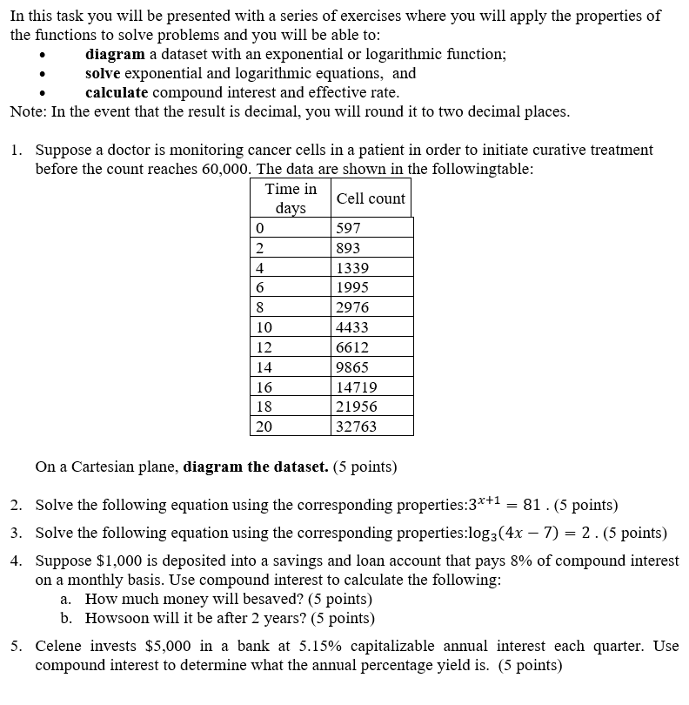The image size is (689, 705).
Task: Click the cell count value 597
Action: coord(348,228)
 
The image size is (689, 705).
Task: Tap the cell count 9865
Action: coord(352,367)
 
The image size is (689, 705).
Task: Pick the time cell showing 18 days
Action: coord(264,406)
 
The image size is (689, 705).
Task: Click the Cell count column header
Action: coord(371,198)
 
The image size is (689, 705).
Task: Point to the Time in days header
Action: coord(291,198)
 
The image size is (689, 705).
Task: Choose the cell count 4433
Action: coord(352,327)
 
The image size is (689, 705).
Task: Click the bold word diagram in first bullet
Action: coord(115,54)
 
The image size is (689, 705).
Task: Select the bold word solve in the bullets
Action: coord(103,73)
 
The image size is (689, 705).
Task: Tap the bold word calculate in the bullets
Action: coord(116,92)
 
